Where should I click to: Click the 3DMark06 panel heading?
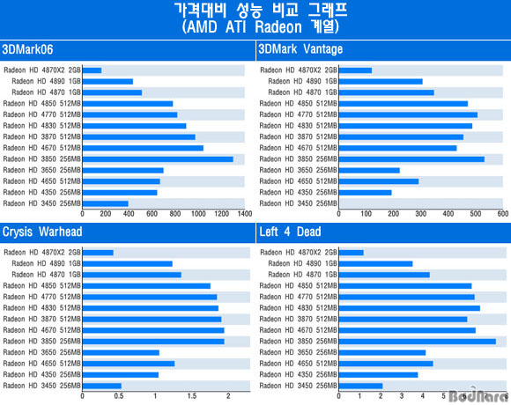(x=27, y=49)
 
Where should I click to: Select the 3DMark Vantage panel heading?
(x=300, y=49)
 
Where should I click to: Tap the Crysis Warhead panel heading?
(x=42, y=232)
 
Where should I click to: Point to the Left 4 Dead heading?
(x=290, y=232)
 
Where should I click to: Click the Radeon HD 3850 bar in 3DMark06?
(x=158, y=159)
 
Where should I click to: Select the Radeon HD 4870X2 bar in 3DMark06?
(x=93, y=70)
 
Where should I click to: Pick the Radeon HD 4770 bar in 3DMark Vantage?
(x=408, y=114)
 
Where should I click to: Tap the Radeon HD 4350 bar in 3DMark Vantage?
(x=366, y=193)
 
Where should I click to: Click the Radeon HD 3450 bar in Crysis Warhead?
(x=102, y=386)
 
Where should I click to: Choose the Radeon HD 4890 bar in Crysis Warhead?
(x=128, y=264)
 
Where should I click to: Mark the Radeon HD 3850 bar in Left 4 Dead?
(x=418, y=342)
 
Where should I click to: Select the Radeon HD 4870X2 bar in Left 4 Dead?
(x=352, y=253)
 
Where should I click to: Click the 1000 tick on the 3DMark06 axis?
(x=198, y=214)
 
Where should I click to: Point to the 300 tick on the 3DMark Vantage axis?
(x=421, y=214)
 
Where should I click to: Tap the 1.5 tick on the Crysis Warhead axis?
(x=192, y=396)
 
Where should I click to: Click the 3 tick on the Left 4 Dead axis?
(x=402, y=396)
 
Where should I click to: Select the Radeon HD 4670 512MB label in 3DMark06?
(x=41, y=148)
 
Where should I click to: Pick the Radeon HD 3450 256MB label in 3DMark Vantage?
(x=298, y=203)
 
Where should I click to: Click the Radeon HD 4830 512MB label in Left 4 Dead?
(x=298, y=308)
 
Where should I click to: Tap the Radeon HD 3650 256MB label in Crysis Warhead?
(x=41, y=352)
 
